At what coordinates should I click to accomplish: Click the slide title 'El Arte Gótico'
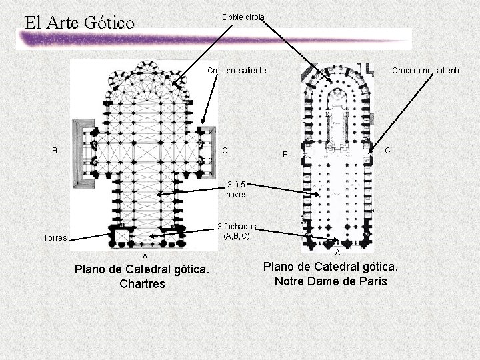(79, 22)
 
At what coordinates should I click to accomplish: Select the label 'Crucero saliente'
(237, 70)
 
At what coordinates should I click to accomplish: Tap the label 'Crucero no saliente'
(427, 70)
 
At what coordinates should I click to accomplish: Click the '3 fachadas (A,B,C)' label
(237, 231)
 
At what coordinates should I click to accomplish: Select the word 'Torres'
(54, 237)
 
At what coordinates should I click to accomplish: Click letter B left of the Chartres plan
(55, 150)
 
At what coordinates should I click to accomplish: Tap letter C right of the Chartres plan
(225, 150)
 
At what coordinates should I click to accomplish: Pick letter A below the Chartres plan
(144, 257)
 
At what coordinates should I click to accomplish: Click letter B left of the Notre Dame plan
(285, 155)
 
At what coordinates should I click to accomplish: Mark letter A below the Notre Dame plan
(337, 253)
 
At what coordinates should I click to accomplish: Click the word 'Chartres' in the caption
(142, 284)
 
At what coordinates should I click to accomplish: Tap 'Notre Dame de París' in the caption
(331, 281)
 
